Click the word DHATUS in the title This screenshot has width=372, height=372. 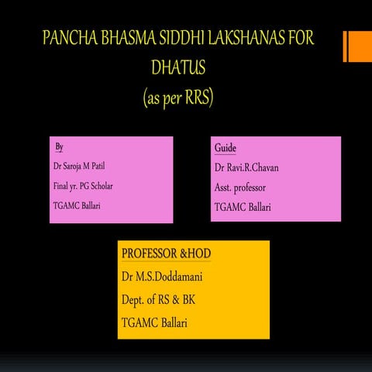pos(177,70)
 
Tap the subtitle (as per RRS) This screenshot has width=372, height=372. pos(177,99)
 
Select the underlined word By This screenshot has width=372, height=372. pos(59,147)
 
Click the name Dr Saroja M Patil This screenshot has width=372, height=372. pos(86,167)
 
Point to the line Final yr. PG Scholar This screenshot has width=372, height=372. pos(88,186)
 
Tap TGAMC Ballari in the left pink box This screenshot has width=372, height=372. pos(80,205)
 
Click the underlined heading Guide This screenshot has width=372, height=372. pos(225,148)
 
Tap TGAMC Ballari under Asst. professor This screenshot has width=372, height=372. pos(246,207)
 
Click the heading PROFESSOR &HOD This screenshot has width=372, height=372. pos(166,254)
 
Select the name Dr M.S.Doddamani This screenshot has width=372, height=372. pos(167,277)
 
